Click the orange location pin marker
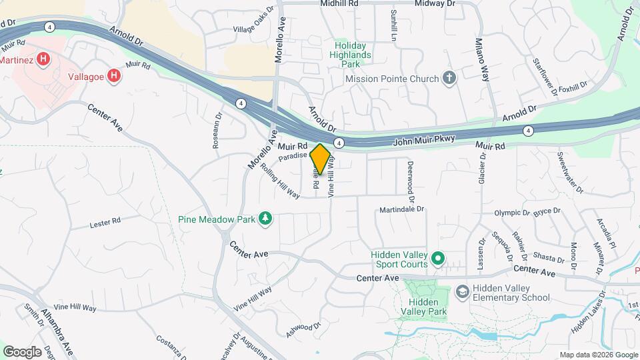coord(321,159)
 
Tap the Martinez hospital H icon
coord(44,59)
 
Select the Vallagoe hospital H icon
coord(114,76)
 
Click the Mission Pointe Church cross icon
coord(450,79)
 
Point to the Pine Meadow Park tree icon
coord(265,219)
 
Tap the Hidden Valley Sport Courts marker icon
coord(437,257)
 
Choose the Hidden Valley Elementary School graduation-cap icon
coord(462,292)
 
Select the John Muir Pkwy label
coord(424,139)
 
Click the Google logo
coord(22,351)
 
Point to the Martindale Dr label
coord(403,209)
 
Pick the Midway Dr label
coord(434,4)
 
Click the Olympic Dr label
coord(511,213)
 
